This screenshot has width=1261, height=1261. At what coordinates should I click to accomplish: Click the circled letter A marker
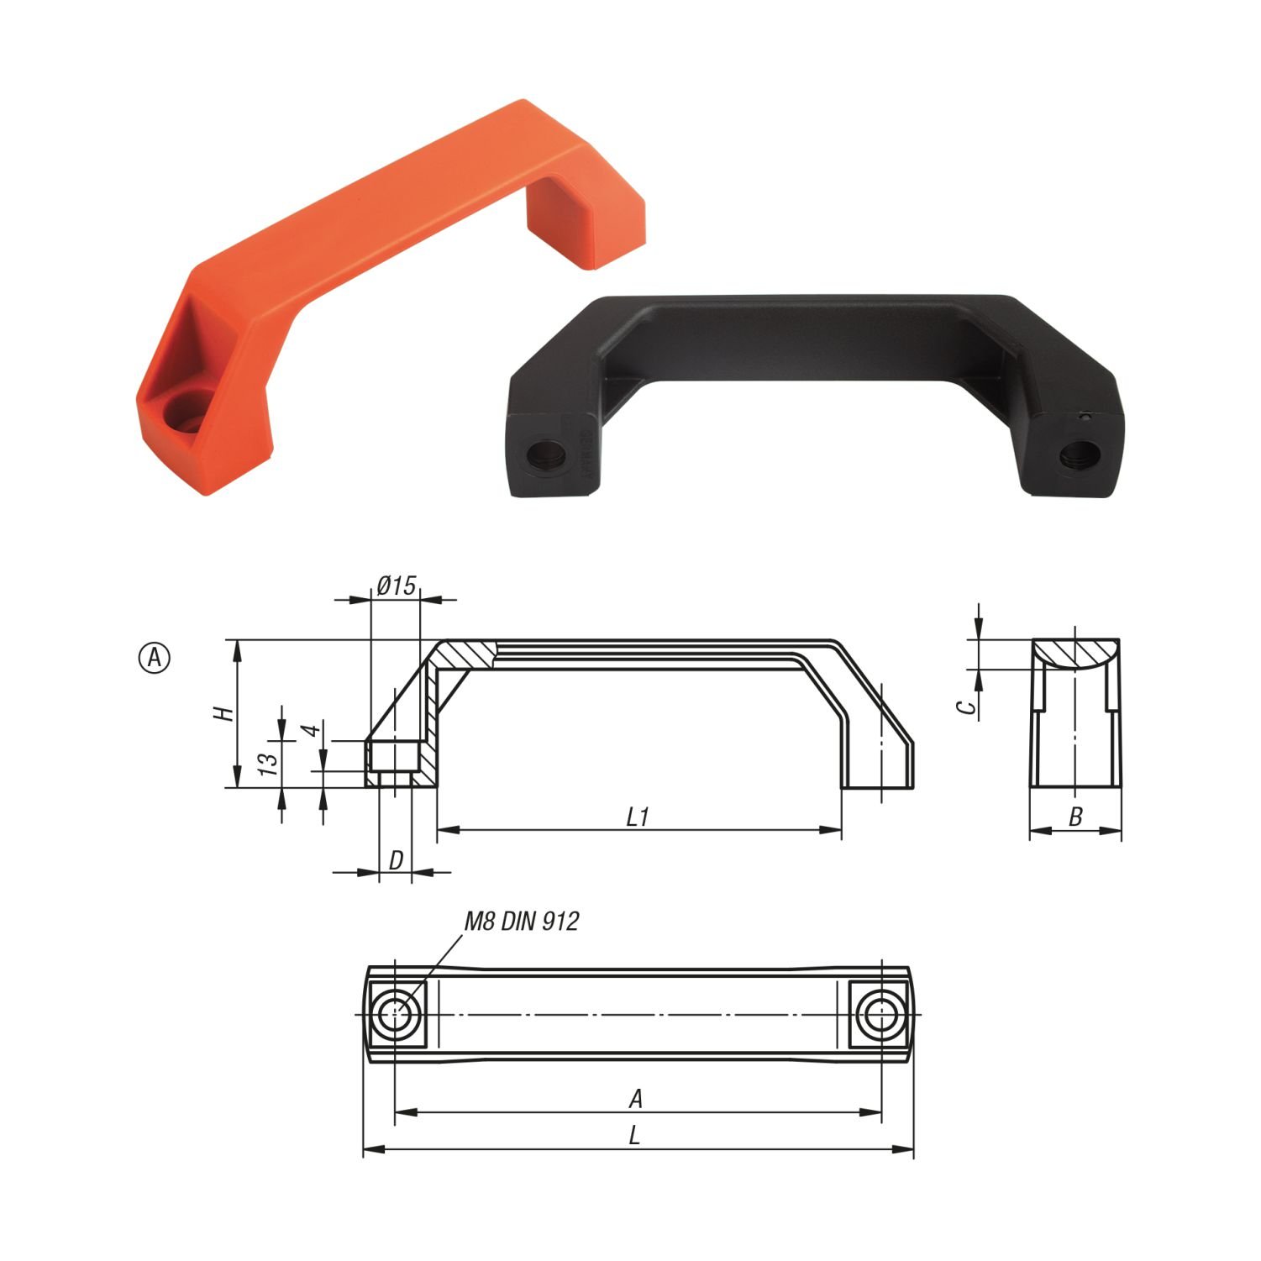point(154,658)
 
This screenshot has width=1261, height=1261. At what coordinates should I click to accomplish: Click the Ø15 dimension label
point(397,585)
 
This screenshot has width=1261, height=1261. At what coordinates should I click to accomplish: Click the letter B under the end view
point(1075,816)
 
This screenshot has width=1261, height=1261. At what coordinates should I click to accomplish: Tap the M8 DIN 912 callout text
point(522,922)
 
